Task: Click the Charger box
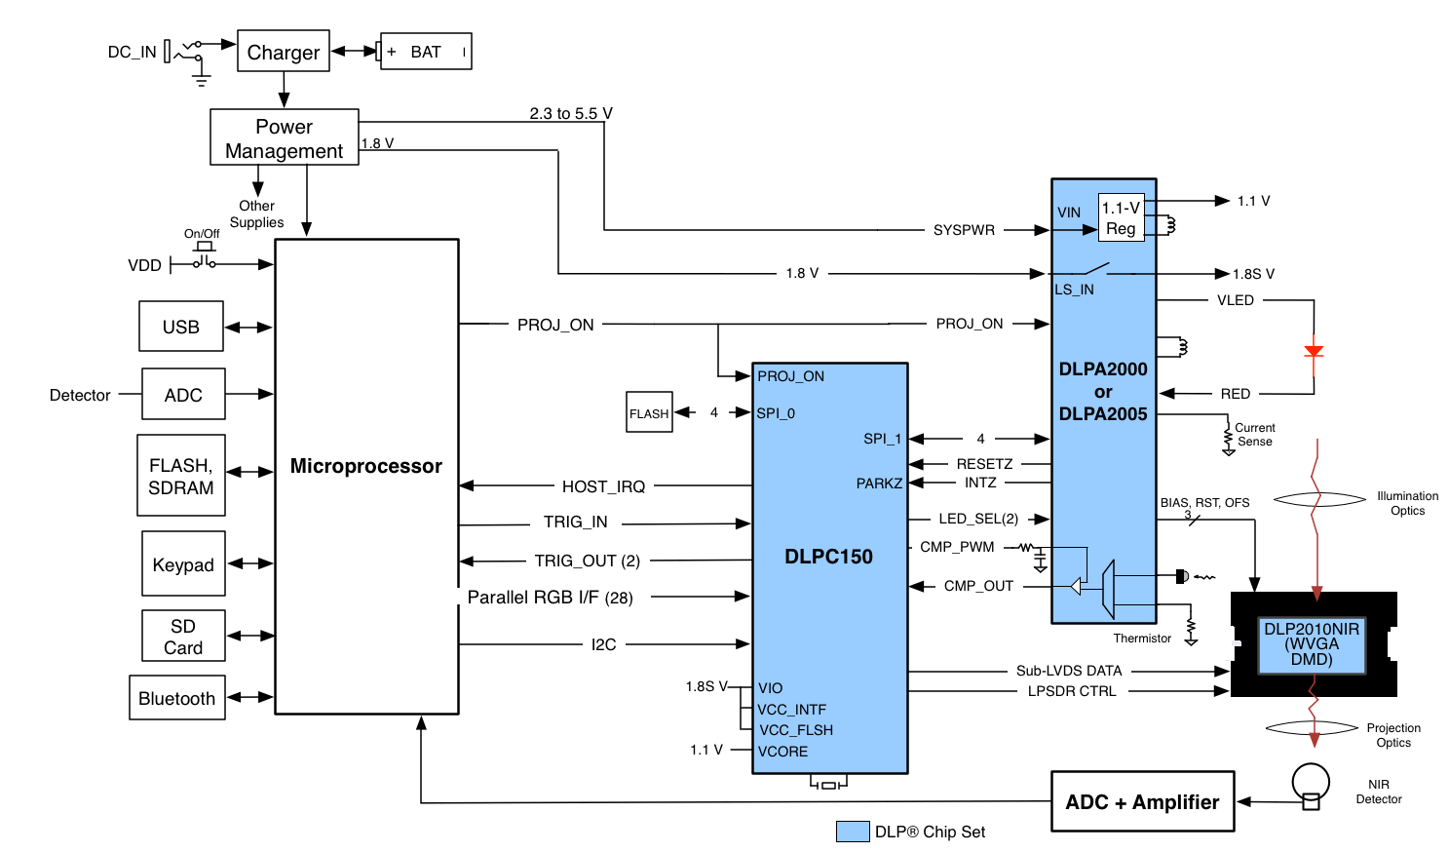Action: (283, 52)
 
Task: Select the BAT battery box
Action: (426, 52)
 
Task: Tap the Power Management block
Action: (284, 137)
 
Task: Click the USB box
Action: (181, 327)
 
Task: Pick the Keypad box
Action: (183, 564)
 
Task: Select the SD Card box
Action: (183, 637)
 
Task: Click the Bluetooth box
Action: (177, 698)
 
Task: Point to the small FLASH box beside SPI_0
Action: (649, 412)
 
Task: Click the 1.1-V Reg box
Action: (1121, 217)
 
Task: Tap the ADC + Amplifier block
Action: (1142, 801)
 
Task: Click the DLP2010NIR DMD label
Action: (1312, 644)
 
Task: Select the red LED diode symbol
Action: (1314, 351)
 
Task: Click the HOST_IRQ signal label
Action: (603, 486)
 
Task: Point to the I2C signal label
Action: (603, 644)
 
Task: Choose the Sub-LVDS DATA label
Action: (1069, 671)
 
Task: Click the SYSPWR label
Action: (964, 230)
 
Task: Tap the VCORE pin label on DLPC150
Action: (783, 752)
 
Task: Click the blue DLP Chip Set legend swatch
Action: (853, 832)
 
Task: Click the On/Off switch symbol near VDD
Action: (204, 257)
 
